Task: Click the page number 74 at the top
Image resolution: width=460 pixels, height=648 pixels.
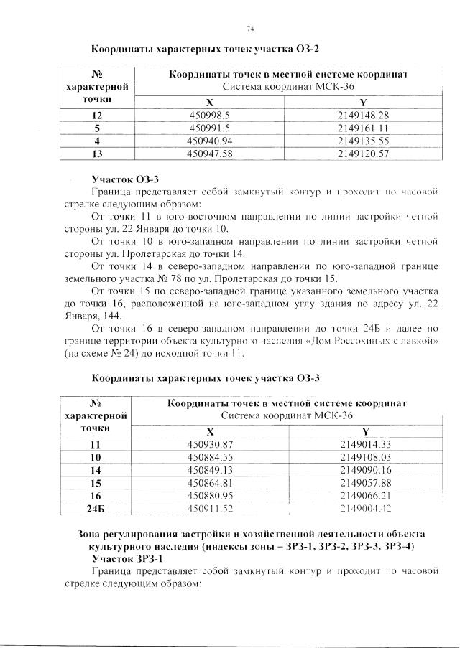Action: click(x=250, y=28)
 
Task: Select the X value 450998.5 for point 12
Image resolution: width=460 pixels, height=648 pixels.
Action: click(x=208, y=115)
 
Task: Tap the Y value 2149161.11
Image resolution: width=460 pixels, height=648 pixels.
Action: click(x=363, y=128)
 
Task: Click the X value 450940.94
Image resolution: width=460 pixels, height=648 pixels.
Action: click(x=211, y=141)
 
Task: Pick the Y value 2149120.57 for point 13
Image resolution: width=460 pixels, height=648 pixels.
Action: click(x=363, y=154)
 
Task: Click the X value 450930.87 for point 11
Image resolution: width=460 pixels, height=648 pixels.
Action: click(x=211, y=444)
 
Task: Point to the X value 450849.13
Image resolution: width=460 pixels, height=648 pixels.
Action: click(x=211, y=469)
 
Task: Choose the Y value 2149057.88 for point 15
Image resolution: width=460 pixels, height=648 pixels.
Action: click(x=364, y=482)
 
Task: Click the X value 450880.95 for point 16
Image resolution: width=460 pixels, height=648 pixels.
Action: click(x=211, y=495)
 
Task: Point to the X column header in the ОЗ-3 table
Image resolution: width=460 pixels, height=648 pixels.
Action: click(x=210, y=431)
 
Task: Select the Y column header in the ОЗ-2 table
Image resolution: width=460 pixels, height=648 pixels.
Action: click(x=363, y=102)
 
